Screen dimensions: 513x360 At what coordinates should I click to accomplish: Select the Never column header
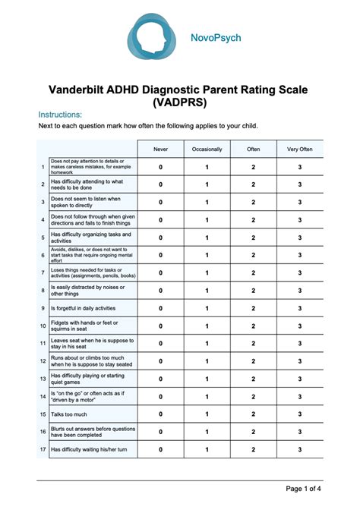[160, 149]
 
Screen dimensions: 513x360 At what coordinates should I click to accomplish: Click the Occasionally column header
[207, 149]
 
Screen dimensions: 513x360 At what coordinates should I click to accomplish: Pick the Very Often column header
[300, 149]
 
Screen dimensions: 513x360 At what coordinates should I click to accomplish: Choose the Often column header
[254, 149]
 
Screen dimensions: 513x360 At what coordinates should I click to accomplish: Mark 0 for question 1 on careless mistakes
[160, 167]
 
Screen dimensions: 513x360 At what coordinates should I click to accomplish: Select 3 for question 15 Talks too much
[300, 414]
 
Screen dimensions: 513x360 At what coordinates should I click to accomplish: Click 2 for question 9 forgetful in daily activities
[254, 308]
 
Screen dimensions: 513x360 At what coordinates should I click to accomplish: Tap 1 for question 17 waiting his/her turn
[207, 450]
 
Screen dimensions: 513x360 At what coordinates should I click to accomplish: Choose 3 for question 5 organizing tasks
[300, 238]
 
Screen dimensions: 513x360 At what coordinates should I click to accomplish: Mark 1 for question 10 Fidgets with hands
[207, 326]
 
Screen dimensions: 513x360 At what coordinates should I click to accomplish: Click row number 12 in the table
[43, 361]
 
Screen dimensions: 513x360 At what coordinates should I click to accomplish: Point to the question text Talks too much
[68, 414]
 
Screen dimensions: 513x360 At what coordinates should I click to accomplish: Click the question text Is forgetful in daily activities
[84, 308]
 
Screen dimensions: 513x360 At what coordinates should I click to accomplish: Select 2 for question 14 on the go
[254, 397]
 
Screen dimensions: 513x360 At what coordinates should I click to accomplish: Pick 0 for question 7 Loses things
[160, 272]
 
